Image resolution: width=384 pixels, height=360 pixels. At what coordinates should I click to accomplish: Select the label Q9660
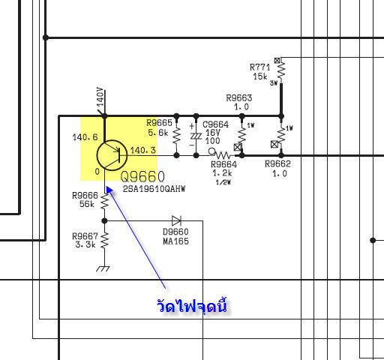coord(142,177)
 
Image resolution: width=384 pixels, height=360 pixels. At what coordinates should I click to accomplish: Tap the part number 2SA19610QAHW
coord(154,189)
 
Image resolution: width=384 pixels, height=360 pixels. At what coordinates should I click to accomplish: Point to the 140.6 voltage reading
coord(85,137)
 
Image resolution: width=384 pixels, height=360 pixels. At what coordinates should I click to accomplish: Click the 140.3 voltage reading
coord(143,150)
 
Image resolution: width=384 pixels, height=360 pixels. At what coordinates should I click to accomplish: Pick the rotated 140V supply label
coord(100,97)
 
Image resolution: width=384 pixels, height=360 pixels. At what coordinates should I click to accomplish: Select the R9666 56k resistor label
coord(85,199)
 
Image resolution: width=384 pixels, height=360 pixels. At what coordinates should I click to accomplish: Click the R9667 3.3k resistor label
coord(85,240)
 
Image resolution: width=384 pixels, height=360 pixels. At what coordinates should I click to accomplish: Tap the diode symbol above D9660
coord(176,220)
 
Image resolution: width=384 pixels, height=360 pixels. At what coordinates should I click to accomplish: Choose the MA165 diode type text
coord(175,241)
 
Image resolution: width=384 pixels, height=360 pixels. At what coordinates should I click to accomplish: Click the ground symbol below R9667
coord(103,268)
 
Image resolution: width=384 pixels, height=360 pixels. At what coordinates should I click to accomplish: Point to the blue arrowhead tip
coord(106,187)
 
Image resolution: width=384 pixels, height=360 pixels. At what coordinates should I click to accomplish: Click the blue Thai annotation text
coord(192,305)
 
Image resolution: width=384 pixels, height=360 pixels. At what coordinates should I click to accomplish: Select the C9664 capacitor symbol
coord(196,136)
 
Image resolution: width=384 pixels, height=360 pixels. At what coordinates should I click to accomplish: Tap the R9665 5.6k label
coord(159,127)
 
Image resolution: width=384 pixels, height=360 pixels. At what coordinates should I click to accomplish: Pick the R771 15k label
coord(260,72)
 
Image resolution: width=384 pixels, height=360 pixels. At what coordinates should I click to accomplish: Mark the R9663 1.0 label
coord(239,102)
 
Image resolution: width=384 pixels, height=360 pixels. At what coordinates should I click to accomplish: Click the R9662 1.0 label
coord(278,169)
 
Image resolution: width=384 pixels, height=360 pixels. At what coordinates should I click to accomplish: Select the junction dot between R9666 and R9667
coord(104,220)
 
